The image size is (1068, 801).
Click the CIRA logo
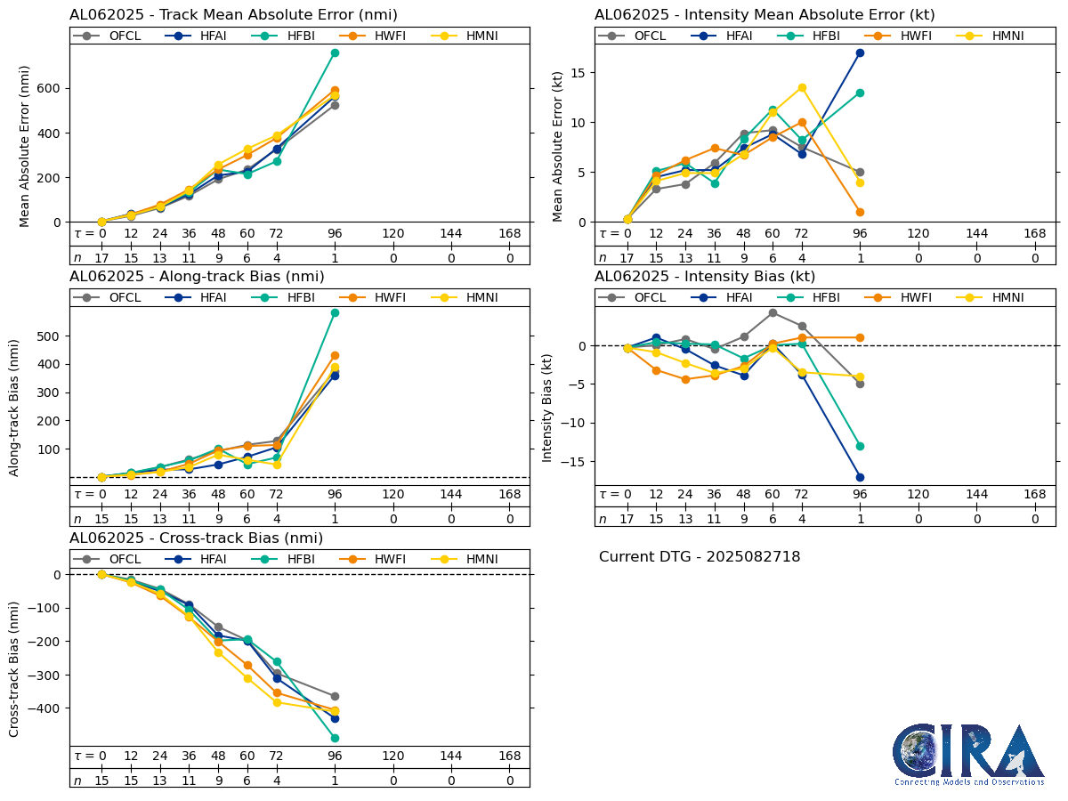pyautogui.click(x=969, y=755)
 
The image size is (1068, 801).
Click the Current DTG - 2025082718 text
pyautogui.click(x=700, y=557)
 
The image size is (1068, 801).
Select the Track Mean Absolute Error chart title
pyautogui.click(x=233, y=14)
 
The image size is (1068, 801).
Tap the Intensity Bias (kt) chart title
pyautogui.click(x=705, y=276)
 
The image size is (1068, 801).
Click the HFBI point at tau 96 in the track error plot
pyautogui.click(x=335, y=53)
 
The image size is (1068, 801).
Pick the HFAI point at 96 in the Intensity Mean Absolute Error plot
pyautogui.click(x=860, y=53)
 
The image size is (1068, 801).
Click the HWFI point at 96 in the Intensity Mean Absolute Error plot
pyautogui.click(x=860, y=212)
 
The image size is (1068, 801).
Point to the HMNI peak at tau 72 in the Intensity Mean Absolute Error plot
pyautogui.click(x=802, y=87)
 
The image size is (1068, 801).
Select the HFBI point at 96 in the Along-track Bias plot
pyautogui.click(x=335, y=312)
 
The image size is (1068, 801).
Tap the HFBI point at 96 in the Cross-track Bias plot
pyautogui.click(x=335, y=738)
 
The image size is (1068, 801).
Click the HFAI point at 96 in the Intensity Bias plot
pyautogui.click(x=860, y=477)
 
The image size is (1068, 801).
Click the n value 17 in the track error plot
pyautogui.click(x=101, y=257)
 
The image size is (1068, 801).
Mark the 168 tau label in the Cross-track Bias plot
pyautogui.click(x=509, y=756)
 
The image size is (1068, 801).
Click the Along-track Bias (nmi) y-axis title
pyautogui.click(x=15, y=407)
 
